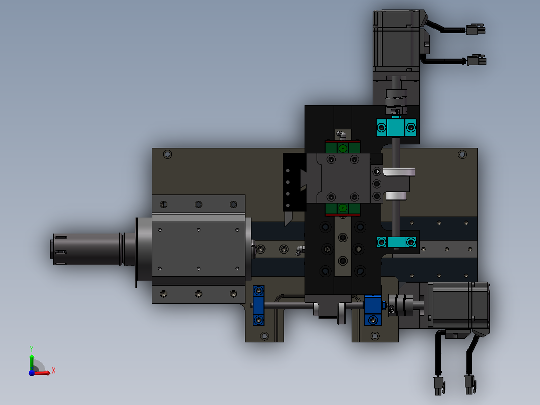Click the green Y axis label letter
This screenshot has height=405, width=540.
pos(32,348)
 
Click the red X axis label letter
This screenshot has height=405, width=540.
pos(54,371)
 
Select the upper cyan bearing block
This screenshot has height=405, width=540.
pos(396,127)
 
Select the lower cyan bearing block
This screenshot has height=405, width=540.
pos(396,242)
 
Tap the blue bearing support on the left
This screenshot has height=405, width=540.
pos(258,305)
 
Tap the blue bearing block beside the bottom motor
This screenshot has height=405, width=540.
pos(373,310)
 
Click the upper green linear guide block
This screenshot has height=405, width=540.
pos(343,147)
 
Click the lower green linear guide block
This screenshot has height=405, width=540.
pos(343,209)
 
